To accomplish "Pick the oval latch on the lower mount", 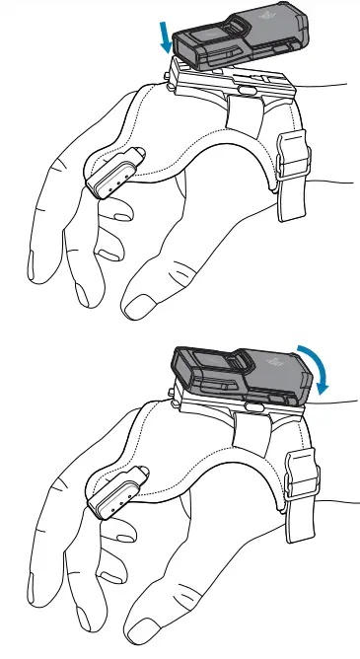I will pos(253,405).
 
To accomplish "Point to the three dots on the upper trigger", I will pos(116,182).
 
